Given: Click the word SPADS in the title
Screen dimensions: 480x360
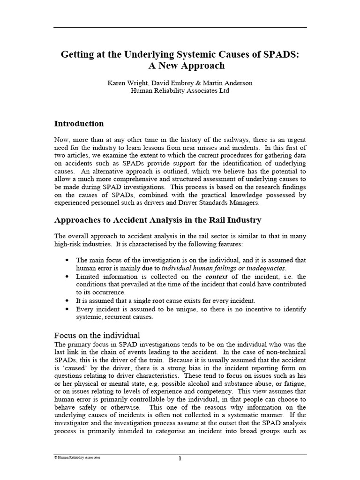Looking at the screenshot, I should click(280, 54).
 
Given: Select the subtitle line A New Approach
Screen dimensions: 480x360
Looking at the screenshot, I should click(180, 66).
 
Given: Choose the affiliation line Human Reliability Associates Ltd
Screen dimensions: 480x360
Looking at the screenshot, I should click(180, 91).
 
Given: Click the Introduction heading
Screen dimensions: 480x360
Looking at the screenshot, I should click(79, 124).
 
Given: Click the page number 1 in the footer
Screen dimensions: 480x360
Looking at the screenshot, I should click(180, 458).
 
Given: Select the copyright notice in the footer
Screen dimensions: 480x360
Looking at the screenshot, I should click(77, 457).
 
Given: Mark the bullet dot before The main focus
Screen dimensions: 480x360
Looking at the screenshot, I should click(68, 260).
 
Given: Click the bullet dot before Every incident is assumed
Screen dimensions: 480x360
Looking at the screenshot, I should click(68, 309).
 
